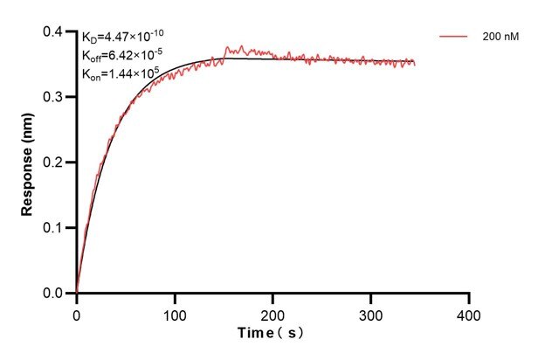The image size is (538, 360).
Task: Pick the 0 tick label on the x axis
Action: (x=77, y=313)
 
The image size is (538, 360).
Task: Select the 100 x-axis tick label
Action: (x=175, y=313)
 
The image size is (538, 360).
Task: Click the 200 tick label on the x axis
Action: (x=273, y=313)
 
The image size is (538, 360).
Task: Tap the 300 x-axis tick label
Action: (x=371, y=313)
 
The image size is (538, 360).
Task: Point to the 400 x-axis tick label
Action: (x=469, y=313)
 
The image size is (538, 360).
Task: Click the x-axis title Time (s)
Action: (x=272, y=334)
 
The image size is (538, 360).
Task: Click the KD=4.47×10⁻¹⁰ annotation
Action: (x=122, y=37)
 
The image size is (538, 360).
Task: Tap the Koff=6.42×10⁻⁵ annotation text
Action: (x=122, y=55)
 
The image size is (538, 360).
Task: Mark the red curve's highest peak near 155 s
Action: (x=229, y=47)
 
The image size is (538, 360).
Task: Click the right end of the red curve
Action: (x=415, y=64)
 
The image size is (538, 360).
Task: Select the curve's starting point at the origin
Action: (x=77, y=293)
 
